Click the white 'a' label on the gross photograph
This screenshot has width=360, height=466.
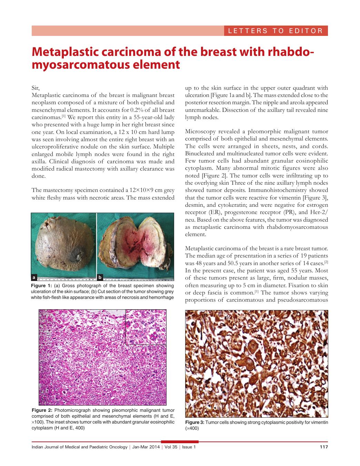tap(34, 277)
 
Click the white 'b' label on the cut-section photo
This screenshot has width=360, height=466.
tap(100, 277)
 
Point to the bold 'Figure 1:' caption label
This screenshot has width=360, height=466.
tap(41, 286)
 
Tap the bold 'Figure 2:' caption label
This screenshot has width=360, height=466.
tap(42, 410)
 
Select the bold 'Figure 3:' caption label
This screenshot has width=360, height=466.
tap(195, 423)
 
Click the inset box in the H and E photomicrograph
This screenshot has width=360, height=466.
tap(146, 327)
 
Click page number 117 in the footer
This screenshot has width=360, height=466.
tap(323, 447)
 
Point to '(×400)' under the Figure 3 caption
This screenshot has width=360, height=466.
tap(192, 428)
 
